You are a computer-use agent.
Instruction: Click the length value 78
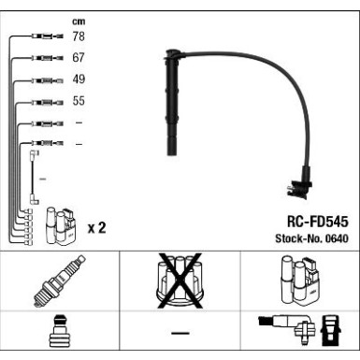pyautogui.click(x=79, y=36)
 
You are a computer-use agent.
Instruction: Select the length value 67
pyautogui.click(x=79, y=58)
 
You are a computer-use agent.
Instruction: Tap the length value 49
pyautogui.click(x=79, y=79)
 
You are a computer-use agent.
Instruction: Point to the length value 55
pyautogui.click(x=79, y=100)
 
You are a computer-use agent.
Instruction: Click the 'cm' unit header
pyautogui.click(x=79, y=20)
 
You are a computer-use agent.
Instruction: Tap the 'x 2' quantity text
pyautogui.click(x=95, y=228)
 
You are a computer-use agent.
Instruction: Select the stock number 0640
pyautogui.click(x=334, y=240)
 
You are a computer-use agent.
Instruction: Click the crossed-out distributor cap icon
pyautogui.click(x=179, y=281)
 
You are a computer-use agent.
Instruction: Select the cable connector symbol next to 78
pyautogui.click(x=46, y=37)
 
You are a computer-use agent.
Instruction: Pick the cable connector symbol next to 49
pyautogui.click(x=46, y=80)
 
